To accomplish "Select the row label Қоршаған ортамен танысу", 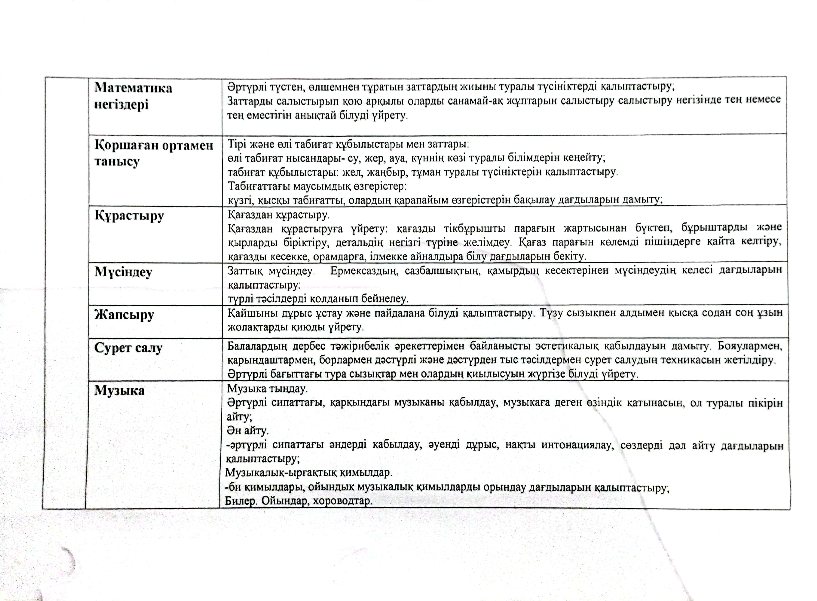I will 154,153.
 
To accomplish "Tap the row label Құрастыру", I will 129,216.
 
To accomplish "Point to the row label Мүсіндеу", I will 123,272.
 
